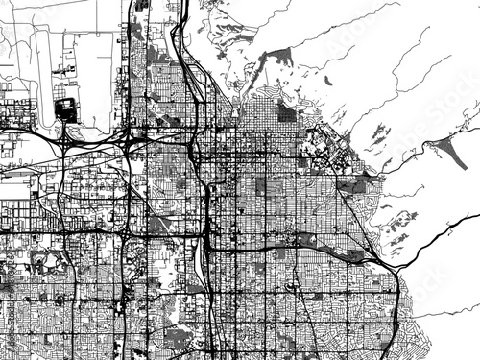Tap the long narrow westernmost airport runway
37,77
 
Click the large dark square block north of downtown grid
286,111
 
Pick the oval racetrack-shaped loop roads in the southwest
48,261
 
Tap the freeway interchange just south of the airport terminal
65,140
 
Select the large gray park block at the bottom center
182,336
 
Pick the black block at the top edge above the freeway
144,6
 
